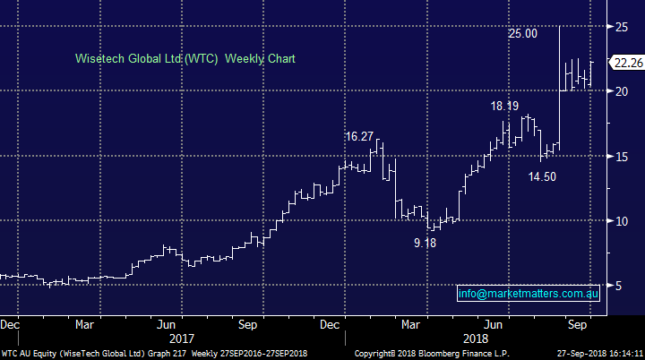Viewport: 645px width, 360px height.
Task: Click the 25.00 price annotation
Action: point(523,33)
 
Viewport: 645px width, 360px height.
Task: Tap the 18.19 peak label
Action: point(504,106)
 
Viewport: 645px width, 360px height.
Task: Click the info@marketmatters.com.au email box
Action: point(528,294)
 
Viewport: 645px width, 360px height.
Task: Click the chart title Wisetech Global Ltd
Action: point(185,58)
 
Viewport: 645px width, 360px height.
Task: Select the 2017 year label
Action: point(181,339)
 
